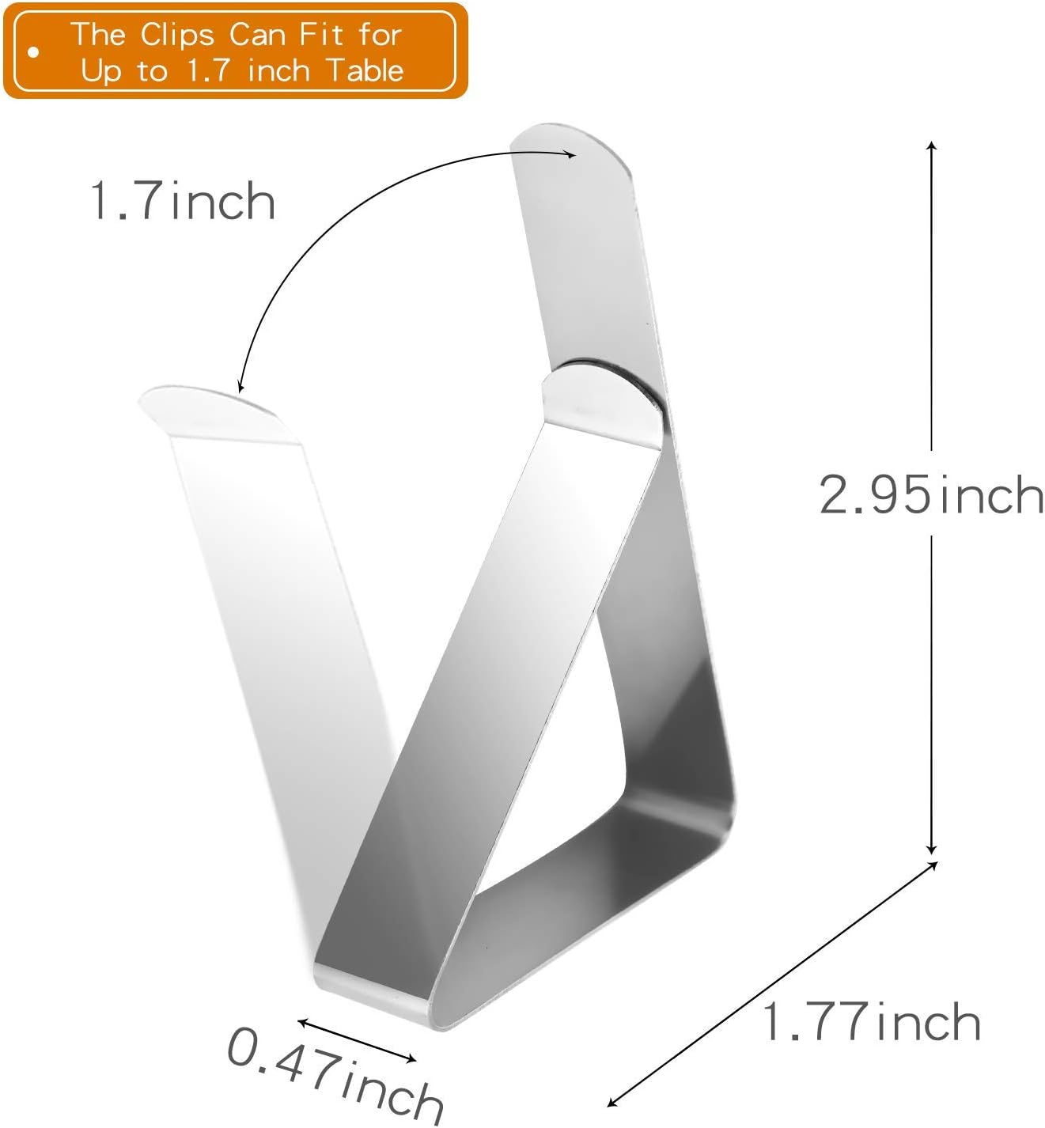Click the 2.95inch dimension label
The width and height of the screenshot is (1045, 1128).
[931, 496]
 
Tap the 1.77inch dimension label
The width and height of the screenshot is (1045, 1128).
[871, 1022]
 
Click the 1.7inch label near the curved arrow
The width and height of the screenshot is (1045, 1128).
[182, 201]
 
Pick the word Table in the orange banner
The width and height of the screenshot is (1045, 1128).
[365, 71]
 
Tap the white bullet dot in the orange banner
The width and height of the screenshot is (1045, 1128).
[33, 53]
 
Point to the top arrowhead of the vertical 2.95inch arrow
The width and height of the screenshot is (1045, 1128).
[932, 146]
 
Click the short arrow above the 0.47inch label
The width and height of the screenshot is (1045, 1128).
[357, 1040]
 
